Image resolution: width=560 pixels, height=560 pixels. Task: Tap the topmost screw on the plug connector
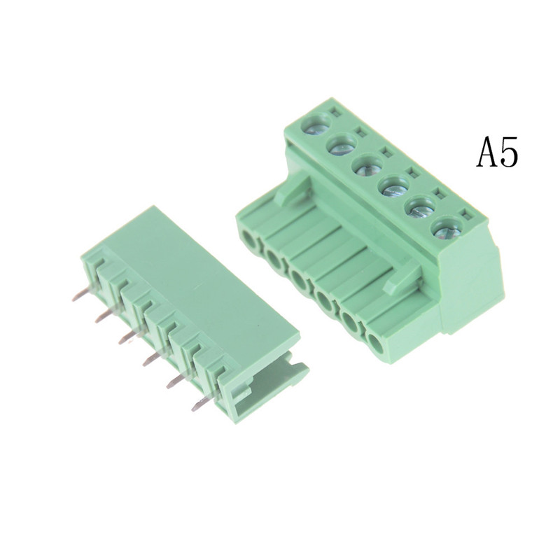316,125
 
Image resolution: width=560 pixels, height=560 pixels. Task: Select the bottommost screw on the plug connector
447,231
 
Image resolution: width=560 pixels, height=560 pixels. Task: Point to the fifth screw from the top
421,210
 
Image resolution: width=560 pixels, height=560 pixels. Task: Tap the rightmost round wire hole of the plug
374,344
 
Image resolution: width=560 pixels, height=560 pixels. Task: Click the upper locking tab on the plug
293,188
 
